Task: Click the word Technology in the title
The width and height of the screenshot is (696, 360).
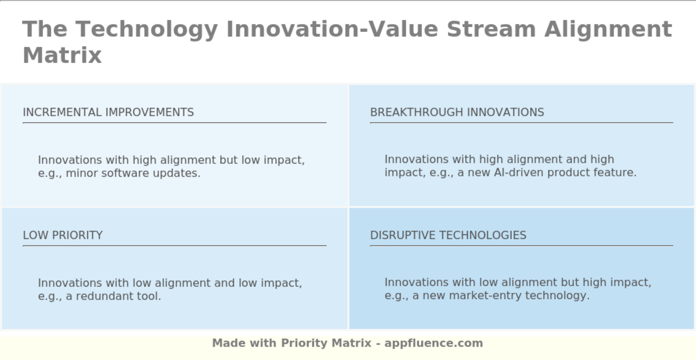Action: click(146, 30)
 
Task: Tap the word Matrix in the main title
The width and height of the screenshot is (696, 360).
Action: click(62, 55)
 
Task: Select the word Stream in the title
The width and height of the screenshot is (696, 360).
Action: click(491, 29)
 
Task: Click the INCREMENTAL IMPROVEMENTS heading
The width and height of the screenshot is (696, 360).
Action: click(108, 112)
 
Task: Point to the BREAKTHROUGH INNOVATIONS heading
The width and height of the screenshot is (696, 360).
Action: click(457, 112)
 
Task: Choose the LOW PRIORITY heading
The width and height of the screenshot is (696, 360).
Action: click(63, 235)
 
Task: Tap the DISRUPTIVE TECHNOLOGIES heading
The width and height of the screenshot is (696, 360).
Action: click(448, 235)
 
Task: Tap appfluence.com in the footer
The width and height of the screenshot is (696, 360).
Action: click(434, 344)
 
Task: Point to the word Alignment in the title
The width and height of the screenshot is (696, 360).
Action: click(609, 30)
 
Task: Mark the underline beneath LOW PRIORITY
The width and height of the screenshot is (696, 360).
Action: click(174, 246)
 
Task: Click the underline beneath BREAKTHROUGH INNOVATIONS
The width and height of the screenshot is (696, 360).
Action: click(522, 123)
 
